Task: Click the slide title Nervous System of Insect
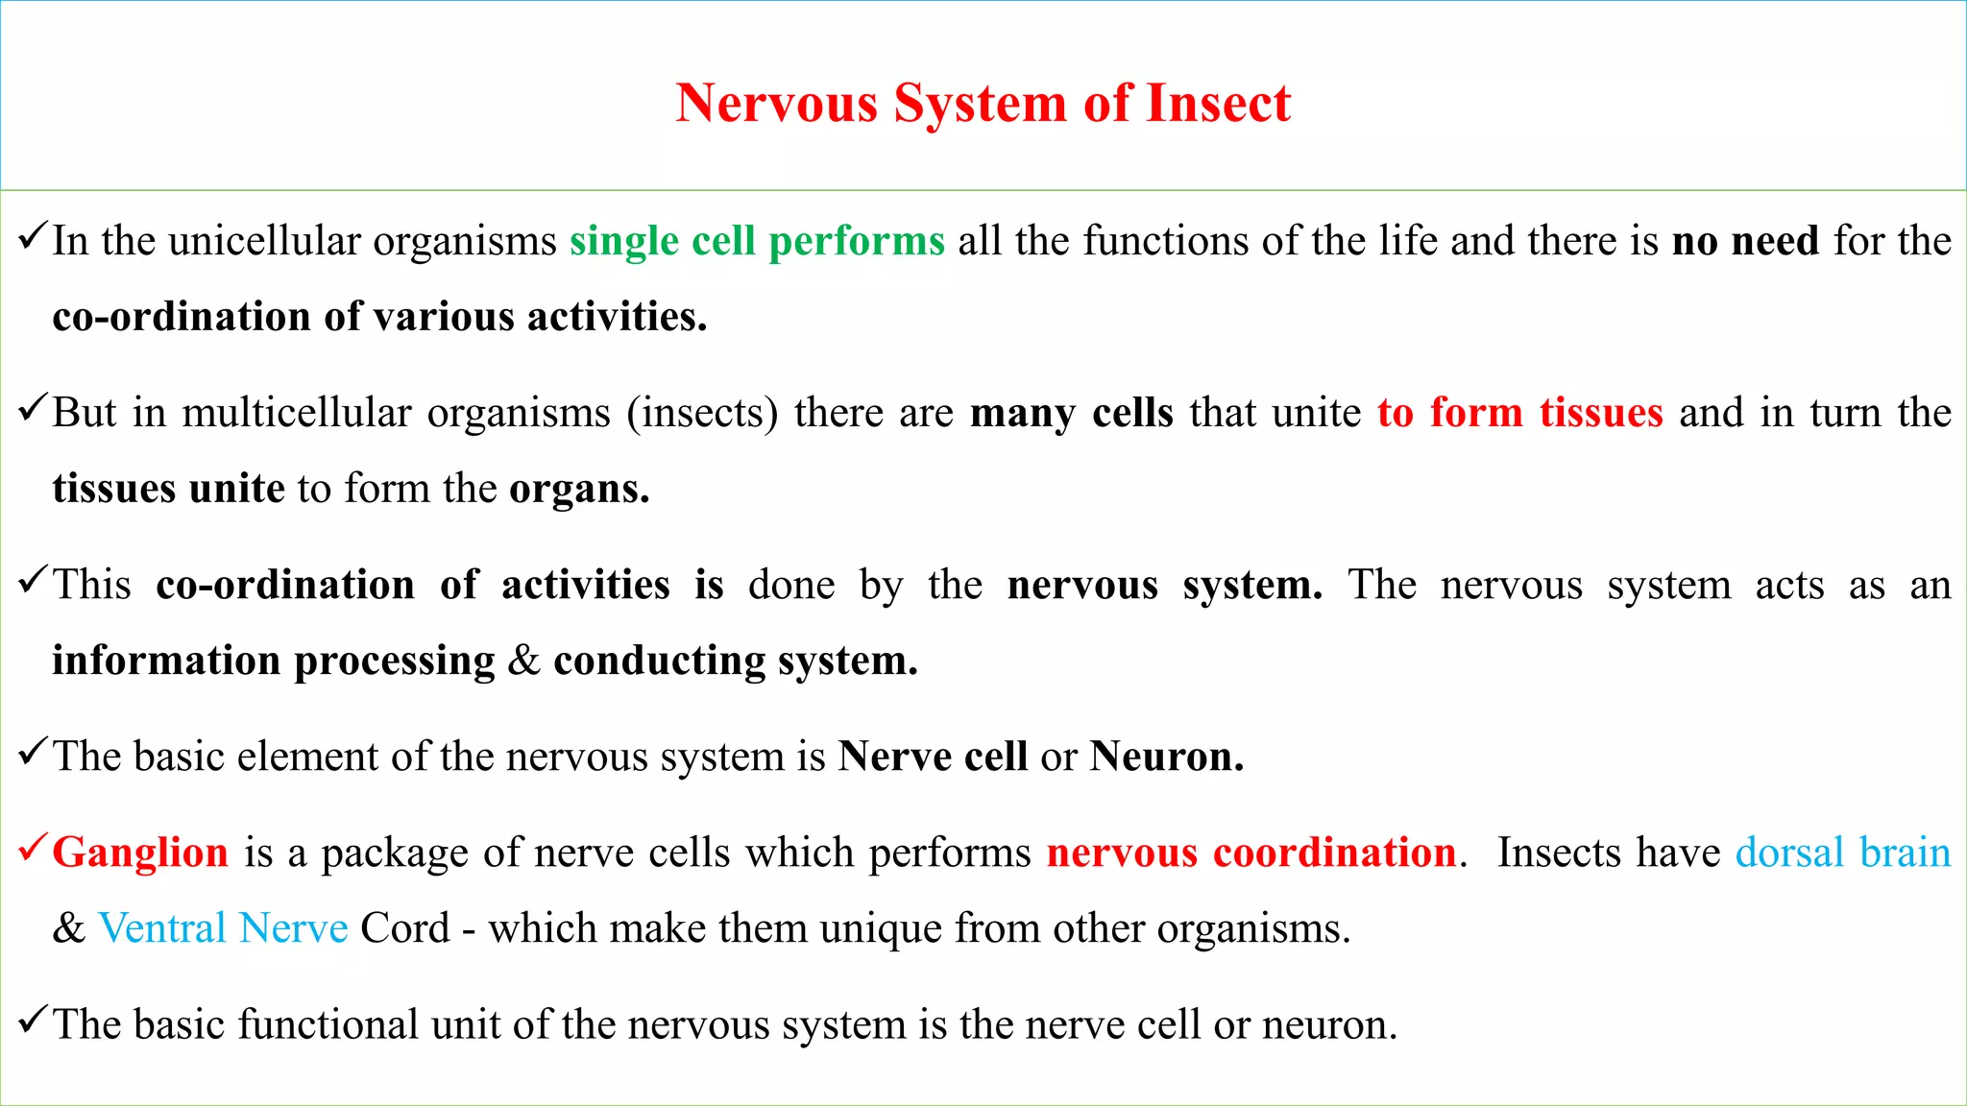(x=983, y=103)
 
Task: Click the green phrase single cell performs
(x=757, y=241)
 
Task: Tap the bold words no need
(x=1745, y=241)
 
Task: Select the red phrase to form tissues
(x=1519, y=413)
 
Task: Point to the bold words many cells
(x=1071, y=413)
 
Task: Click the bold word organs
(x=578, y=490)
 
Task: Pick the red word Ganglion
(x=140, y=853)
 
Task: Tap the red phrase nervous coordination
(x=1251, y=853)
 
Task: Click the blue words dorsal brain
(x=1842, y=853)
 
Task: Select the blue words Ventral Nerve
(x=223, y=928)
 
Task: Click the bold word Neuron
(x=1166, y=757)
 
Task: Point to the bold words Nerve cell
(x=932, y=757)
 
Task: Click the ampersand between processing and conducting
(x=523, y=661)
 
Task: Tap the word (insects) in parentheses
(x=702, y=413)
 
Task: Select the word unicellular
(x=264, y=241)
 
